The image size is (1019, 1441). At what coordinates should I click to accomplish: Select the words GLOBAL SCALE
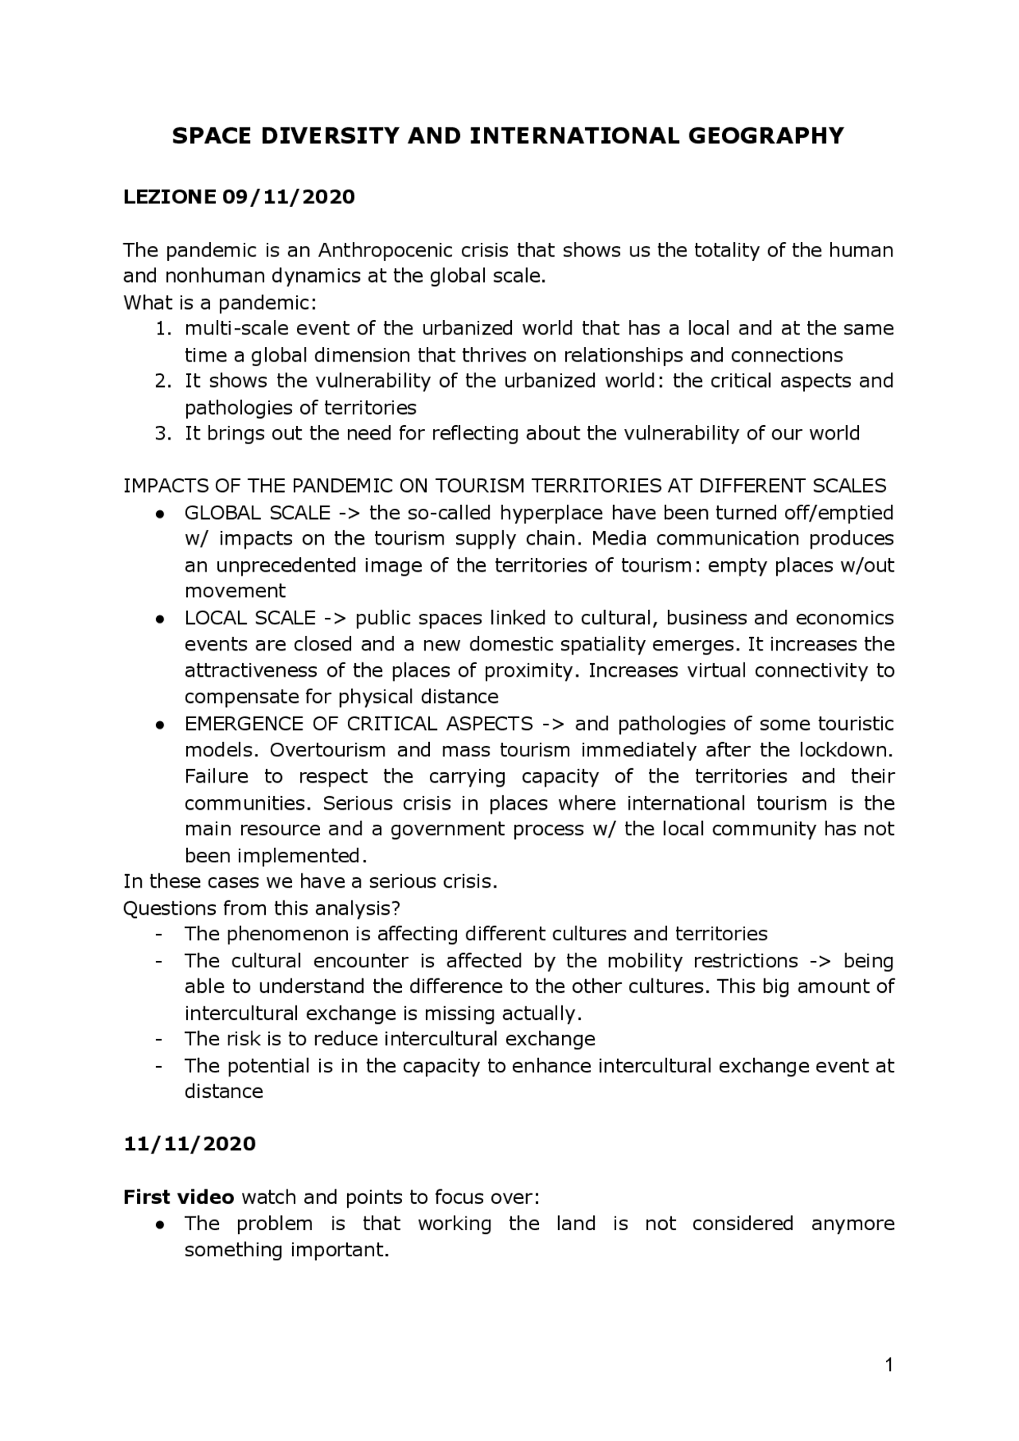[257, 512]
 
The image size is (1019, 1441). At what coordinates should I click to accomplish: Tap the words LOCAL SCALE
[250, 618]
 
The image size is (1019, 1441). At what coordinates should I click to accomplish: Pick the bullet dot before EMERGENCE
[161, 724]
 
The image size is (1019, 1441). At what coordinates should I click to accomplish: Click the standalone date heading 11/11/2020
[189, 1144]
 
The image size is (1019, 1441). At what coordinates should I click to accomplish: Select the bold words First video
[178, 1197]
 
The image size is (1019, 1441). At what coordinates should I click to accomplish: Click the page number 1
[889, 1366]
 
